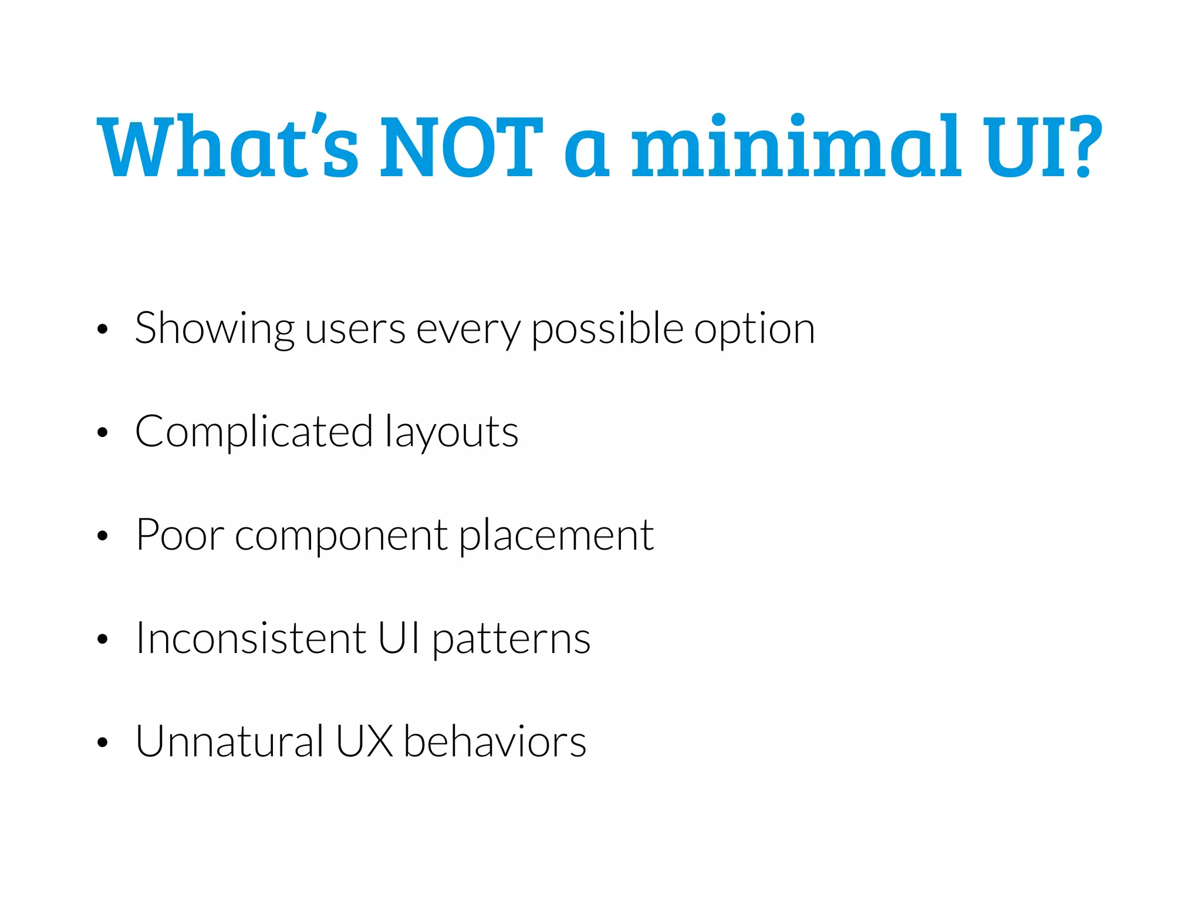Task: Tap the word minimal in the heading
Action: tap(796, 146)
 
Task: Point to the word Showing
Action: tap(214, 329)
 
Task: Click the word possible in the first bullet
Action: tap(607, 329)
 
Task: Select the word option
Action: tap(755, 329)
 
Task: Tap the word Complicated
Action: tap(254, 432)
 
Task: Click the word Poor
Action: tap(180, 535)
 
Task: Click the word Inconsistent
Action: tap(251, 638)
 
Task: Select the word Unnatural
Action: tap(229, 741)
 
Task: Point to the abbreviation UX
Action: tap(364, 741)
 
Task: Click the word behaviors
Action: tap(495, 741)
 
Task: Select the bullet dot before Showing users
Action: tap(103, 330)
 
